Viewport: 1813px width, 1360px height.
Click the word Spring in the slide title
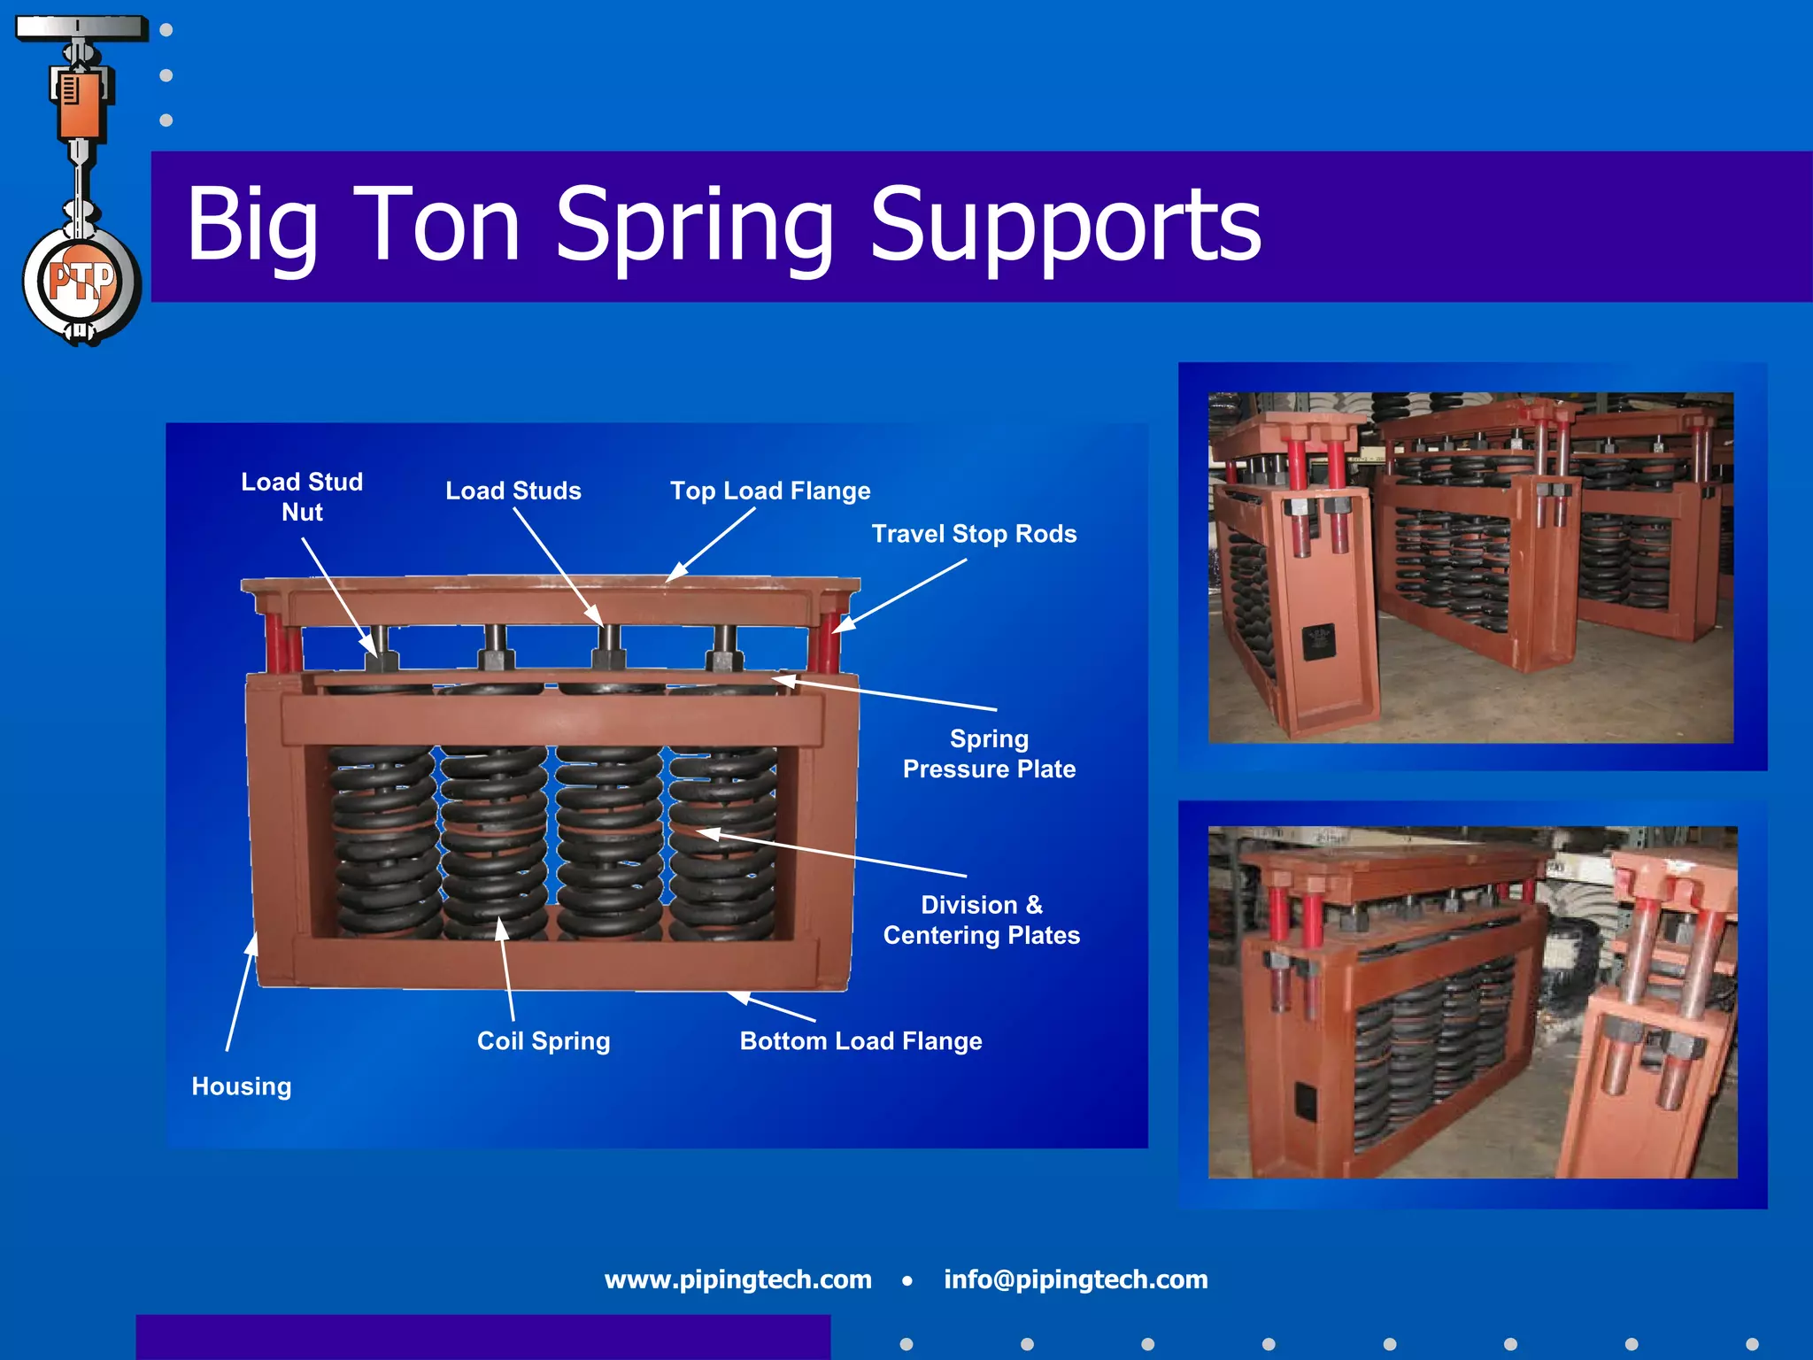tap(694, 227)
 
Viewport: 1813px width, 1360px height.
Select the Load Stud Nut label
tap(302, 497)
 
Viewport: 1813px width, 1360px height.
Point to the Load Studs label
tap(513, 491)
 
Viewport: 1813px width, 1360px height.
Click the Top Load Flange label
tap(770, 491)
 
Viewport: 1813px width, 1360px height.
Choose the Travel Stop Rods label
tap(974, 534)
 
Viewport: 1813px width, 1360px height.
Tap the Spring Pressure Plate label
tap(989, 753)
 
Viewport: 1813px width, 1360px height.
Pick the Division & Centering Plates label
tap(982, 920)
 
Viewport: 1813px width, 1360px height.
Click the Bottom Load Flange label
tap(860, 1040)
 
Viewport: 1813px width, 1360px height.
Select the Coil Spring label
tap(544, 1040)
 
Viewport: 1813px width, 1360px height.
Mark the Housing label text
tap(242, 1086)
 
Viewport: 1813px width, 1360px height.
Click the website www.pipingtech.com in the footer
tap(737, 1279)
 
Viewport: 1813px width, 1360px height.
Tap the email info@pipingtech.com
tap(1076, 1279)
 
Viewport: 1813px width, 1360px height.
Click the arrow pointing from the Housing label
tap(240, 992)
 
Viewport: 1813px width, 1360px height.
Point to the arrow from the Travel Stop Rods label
tap(899, 595)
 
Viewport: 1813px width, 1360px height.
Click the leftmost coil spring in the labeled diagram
tap(382, 841)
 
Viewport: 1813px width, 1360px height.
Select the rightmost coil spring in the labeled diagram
tap(723, 841)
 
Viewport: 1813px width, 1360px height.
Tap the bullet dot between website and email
tap(907, 1280)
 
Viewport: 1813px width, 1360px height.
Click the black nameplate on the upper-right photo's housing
tap(1318, 642)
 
